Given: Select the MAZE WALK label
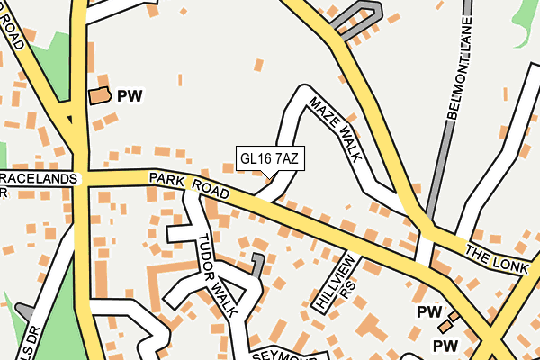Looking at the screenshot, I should click(335, 130).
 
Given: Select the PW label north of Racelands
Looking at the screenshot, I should click(130, 94).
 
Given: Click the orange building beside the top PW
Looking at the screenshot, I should click(99, 94).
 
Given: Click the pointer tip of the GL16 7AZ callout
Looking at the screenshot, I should click(270, 178).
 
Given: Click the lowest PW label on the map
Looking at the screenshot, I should click(445, 346).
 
